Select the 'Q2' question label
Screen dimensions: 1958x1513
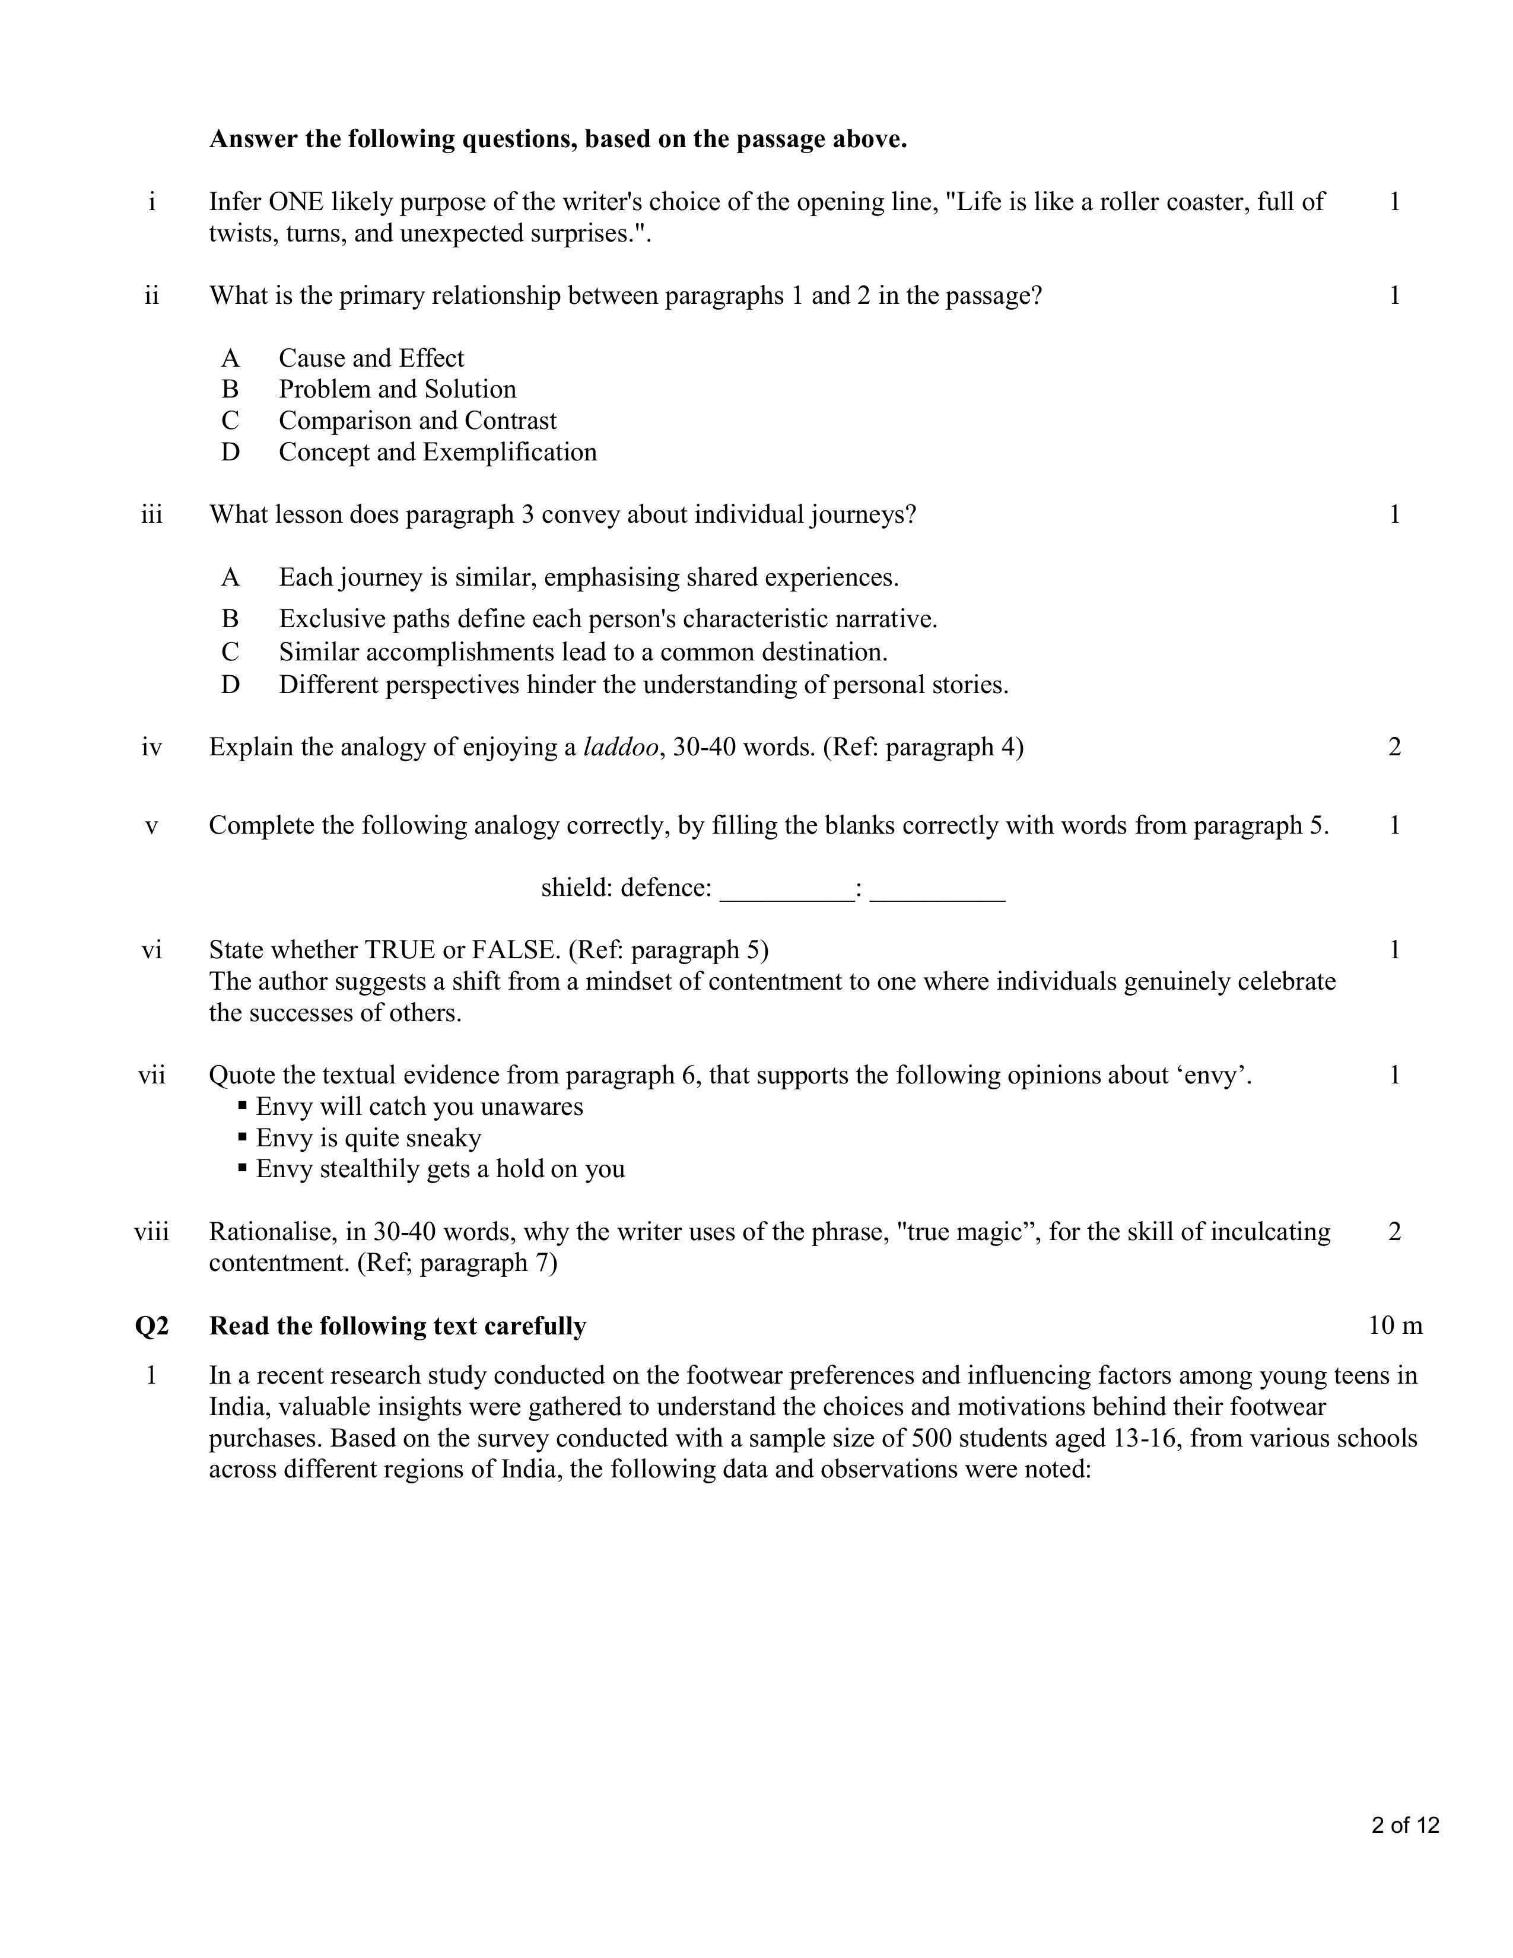(x=151, y=1326)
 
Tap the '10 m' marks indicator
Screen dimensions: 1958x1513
(x=1395, y=1326)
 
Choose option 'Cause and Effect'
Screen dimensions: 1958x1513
(x=371, y=358)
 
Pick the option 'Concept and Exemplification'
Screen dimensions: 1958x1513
(x=437, y=452)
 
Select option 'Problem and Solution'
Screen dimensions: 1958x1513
(x=397, y=389)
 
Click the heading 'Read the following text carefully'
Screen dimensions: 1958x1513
(x=397, y=1326)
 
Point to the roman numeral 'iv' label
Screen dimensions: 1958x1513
(x=151, y=747)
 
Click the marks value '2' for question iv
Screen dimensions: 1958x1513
(x=1394, y=747)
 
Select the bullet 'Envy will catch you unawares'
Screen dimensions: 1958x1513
(x=418, y=1107)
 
